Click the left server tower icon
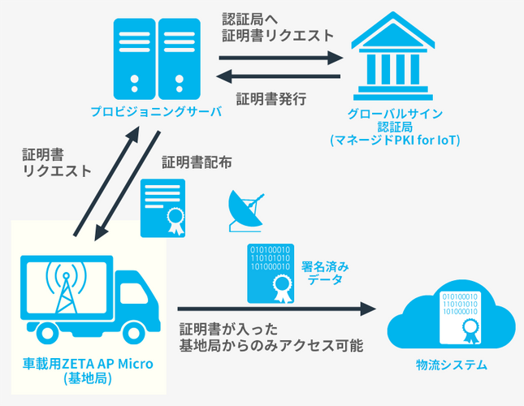tap(135, 58)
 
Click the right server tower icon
tap(179, 58)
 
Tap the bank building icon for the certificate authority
tap(393, 56)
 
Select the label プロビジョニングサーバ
tap(157, 111)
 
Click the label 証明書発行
tap(271, 99)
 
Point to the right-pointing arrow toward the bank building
tap(281, 58)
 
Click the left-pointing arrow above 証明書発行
tap(278, 76)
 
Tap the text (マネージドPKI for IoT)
tap(395, 140)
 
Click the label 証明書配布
tap(197, 162)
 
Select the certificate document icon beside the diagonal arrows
tap(162, 208)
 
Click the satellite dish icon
tap(245, 211)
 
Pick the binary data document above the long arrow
tap(271, 274)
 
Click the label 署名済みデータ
tap(325, 273)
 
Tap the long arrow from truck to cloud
tap(277, 309)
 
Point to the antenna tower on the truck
tap(66, 289)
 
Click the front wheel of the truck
tap(134, 333)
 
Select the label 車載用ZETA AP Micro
tap(88, 364)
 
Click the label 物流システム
tap(452, 365)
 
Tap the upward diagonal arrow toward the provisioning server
tap(106, 181)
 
